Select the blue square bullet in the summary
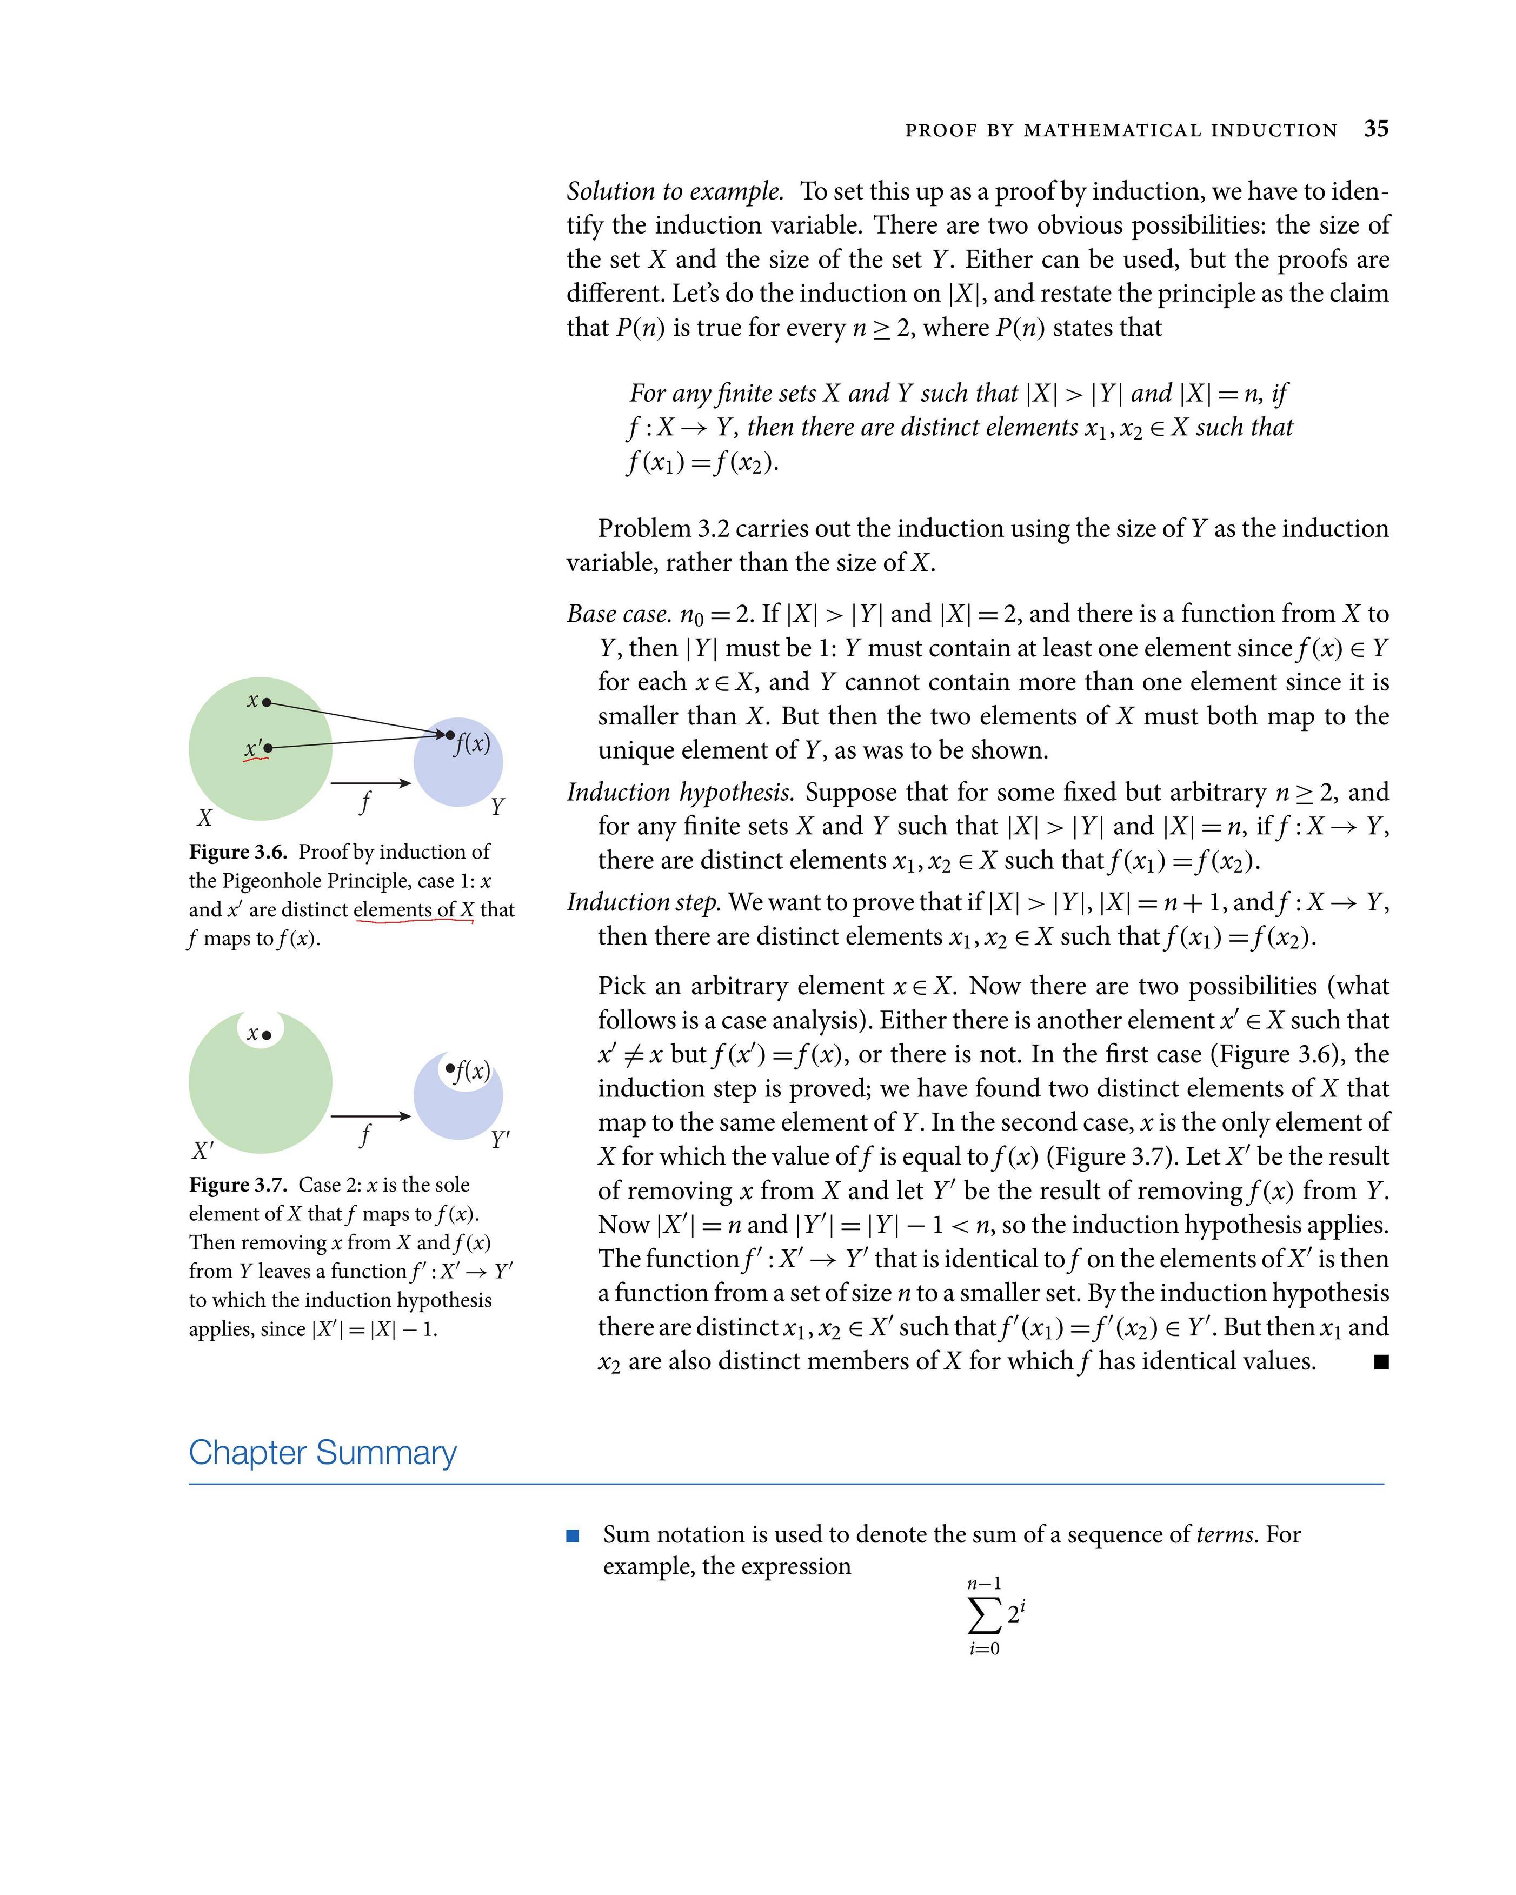coord(573,1535)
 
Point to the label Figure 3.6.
coord(237,852)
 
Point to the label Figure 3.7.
coord(237,1185)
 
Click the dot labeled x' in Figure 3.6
coord(268,748)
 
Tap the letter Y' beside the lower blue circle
coord(499,1140)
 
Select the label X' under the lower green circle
coord(202,1151)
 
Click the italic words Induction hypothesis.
coord(680,792)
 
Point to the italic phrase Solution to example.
coord(674,191)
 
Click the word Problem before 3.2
coord(644,528)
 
